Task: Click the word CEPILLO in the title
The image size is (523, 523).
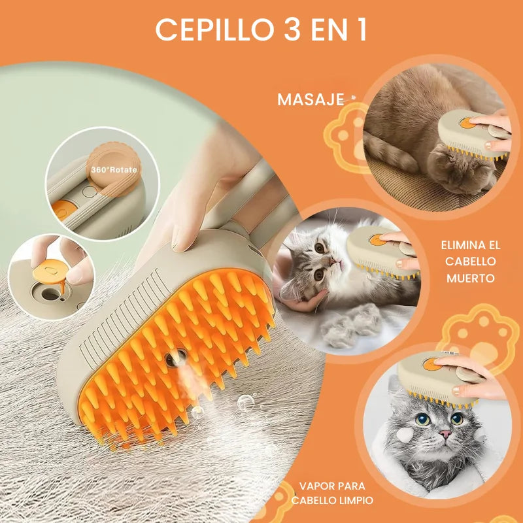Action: click(x=214, y=29)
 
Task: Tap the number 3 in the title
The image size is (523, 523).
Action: click(x=290, y=29)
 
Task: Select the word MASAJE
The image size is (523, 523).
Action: click(x=311, y=99)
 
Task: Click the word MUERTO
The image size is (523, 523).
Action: click(x=471, y=278)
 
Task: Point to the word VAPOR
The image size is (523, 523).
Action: click(x=316, y=486)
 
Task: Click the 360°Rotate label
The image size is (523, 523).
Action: click(x=114, y=169)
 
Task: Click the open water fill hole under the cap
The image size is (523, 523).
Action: click(x=50, y=294)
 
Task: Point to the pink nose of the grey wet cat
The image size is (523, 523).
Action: click(x=445, y=433)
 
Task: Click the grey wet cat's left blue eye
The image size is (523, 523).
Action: click(x=422, y=419)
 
